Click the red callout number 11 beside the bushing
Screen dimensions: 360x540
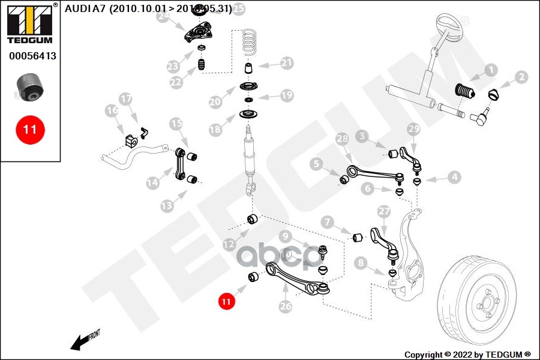(226, 301)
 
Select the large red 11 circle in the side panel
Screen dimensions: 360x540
(30, 128)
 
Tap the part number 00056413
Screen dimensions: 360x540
(32, 56)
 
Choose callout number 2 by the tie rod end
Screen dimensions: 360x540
(521, 77)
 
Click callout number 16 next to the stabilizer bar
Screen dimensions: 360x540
(112, 110)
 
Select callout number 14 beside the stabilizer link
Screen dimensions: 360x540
(152, 181)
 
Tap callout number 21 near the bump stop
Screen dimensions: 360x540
(287, 62)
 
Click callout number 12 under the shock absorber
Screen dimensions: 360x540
(229, 244)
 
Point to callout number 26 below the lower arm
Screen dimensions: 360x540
(286, 306)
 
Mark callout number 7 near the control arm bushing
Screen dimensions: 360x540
(327, 222)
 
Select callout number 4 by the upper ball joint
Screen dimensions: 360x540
(454, 177)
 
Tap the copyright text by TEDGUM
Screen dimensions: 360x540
(467, 354)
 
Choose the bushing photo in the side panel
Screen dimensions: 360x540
(29, 88)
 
